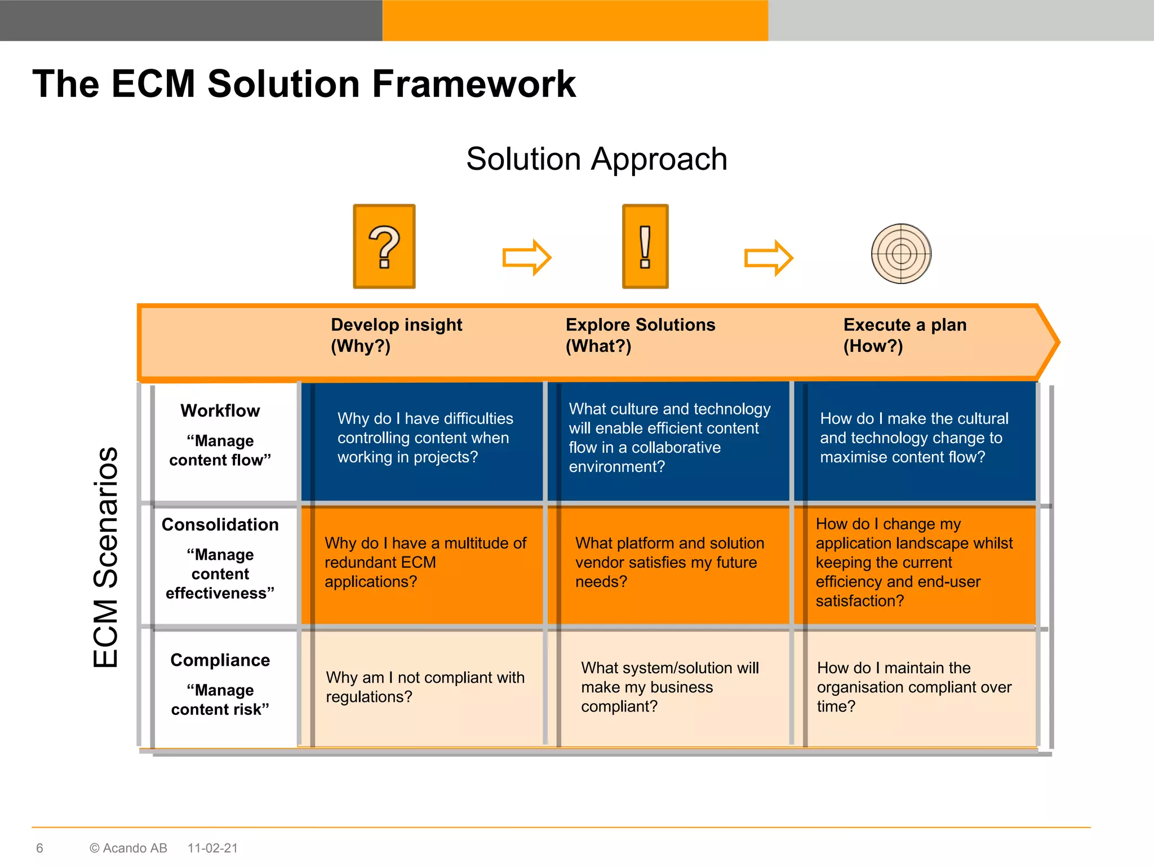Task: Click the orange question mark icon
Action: pos(384,246)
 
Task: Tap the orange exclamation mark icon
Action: pos(645,246)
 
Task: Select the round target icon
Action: pos(901,254)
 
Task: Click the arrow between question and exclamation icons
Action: pos(526,258)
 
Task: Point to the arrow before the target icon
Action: pos(769,258)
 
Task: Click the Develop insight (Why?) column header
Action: pos(396,335)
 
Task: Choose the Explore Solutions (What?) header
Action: pos(640,335)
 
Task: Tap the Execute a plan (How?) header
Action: pos(904,335)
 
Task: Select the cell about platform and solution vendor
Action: pos(669,562)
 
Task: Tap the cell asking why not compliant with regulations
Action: pos(425,687)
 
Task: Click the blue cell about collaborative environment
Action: pos(669,438)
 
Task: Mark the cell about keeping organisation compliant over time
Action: pos(914,687)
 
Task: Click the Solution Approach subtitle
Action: pos(597,159)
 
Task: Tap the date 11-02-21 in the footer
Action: pos(212,848)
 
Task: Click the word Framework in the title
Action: pos(474,84)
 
